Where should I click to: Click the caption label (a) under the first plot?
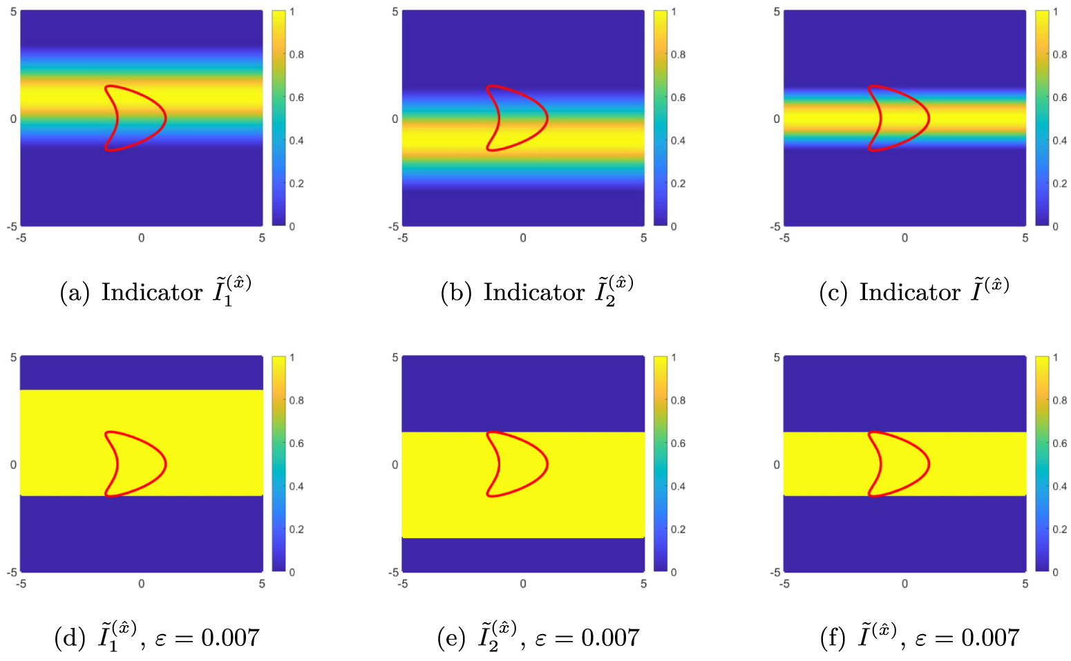(75, 293)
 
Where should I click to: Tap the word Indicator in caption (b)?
(533, 292)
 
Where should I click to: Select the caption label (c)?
(834, 293)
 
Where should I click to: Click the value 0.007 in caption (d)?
(230, 638)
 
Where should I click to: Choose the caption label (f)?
(834, 638)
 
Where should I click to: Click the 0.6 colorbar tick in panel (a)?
(296, 97)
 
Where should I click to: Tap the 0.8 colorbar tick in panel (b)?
(678, 55)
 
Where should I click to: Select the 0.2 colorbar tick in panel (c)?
(1059, 184)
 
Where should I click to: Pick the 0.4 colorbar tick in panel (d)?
(296, 486)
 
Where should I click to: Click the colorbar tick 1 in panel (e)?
(674, 358)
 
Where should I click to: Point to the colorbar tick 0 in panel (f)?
(1055, 572)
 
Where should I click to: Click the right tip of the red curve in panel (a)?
(166, 118)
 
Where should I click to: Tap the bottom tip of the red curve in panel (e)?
(489, 495)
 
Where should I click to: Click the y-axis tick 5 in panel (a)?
(13, 12)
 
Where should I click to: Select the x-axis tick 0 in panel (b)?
(523, 238)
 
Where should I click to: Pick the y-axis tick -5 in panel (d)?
(11, 572)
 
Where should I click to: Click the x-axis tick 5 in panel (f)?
(1025, 584)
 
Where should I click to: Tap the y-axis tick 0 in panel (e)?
(395, 465)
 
